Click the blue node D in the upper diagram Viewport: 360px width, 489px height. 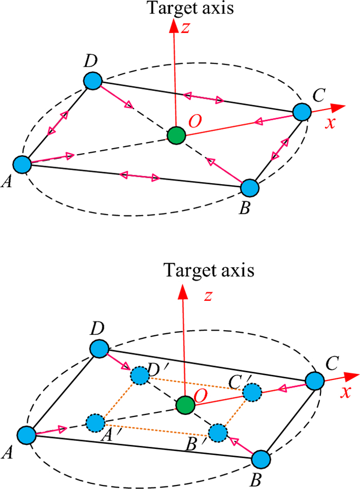tap(93, 80)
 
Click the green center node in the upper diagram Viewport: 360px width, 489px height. tap(176, 135)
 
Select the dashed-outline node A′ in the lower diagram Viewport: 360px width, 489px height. tap(95, 424)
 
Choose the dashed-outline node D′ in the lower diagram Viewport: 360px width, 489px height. tap(139, 376)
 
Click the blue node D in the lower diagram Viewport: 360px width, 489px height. tap(99, 348)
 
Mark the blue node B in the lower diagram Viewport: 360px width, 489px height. tap(262, 459)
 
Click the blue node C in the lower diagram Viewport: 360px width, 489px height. tap(314, 381)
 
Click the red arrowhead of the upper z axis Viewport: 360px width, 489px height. tap(176, 26)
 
